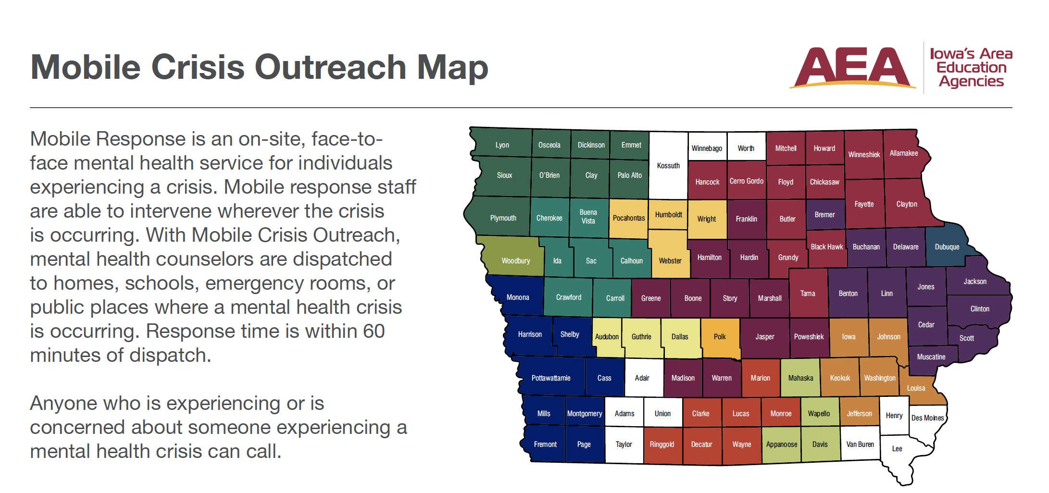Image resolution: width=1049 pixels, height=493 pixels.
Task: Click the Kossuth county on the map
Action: click(x=668, y=166)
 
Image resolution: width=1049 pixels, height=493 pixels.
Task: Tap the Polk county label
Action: click(x=720, y=337)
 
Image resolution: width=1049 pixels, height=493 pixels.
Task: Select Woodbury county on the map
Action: click(x=515, y=261)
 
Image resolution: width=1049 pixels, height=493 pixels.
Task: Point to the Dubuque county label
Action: click(x=947, y=247)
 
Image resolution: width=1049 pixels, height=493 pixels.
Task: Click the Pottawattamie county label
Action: click(x=551, y=378)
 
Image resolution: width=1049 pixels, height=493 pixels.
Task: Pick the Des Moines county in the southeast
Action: click(x=927, y=418)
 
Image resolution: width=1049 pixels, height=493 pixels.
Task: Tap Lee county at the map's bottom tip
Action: click(x=897, y=449)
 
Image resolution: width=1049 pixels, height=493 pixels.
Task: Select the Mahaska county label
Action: click(x=800, y=378)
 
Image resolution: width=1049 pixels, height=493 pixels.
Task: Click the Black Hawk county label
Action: click(x=826, y=247)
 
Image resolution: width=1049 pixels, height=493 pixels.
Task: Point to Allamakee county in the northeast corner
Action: click(x=903, y=153)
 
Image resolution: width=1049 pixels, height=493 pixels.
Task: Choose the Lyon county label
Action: click(x=502, y=145)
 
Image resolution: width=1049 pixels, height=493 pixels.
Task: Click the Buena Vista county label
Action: click(x=588, y=217)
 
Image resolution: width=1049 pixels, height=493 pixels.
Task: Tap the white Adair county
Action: click(x=642, y=378)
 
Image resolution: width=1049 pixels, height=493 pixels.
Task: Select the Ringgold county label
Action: click(x=662, y=444)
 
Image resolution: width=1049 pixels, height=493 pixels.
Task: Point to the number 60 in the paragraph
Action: click(x=374, y=331)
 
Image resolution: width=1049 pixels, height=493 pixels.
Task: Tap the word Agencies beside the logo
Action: click(x=971, y=81)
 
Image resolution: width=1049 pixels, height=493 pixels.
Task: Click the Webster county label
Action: click(x=670, y=261)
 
